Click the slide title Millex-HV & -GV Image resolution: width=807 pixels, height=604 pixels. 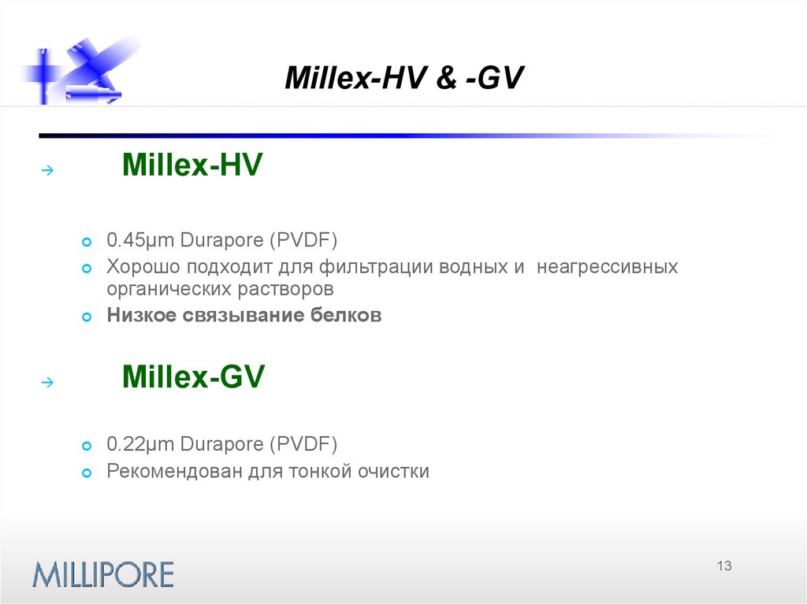point(403,79)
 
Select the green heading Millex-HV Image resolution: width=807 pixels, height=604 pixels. point(192,166)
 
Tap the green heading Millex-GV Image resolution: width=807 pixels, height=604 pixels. point(193,378)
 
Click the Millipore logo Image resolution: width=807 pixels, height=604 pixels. point(102,573)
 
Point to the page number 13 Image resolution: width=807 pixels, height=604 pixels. point(724,566)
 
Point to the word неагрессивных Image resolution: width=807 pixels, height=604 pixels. point(608,267)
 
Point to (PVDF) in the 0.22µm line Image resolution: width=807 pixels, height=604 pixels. point(303,445)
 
